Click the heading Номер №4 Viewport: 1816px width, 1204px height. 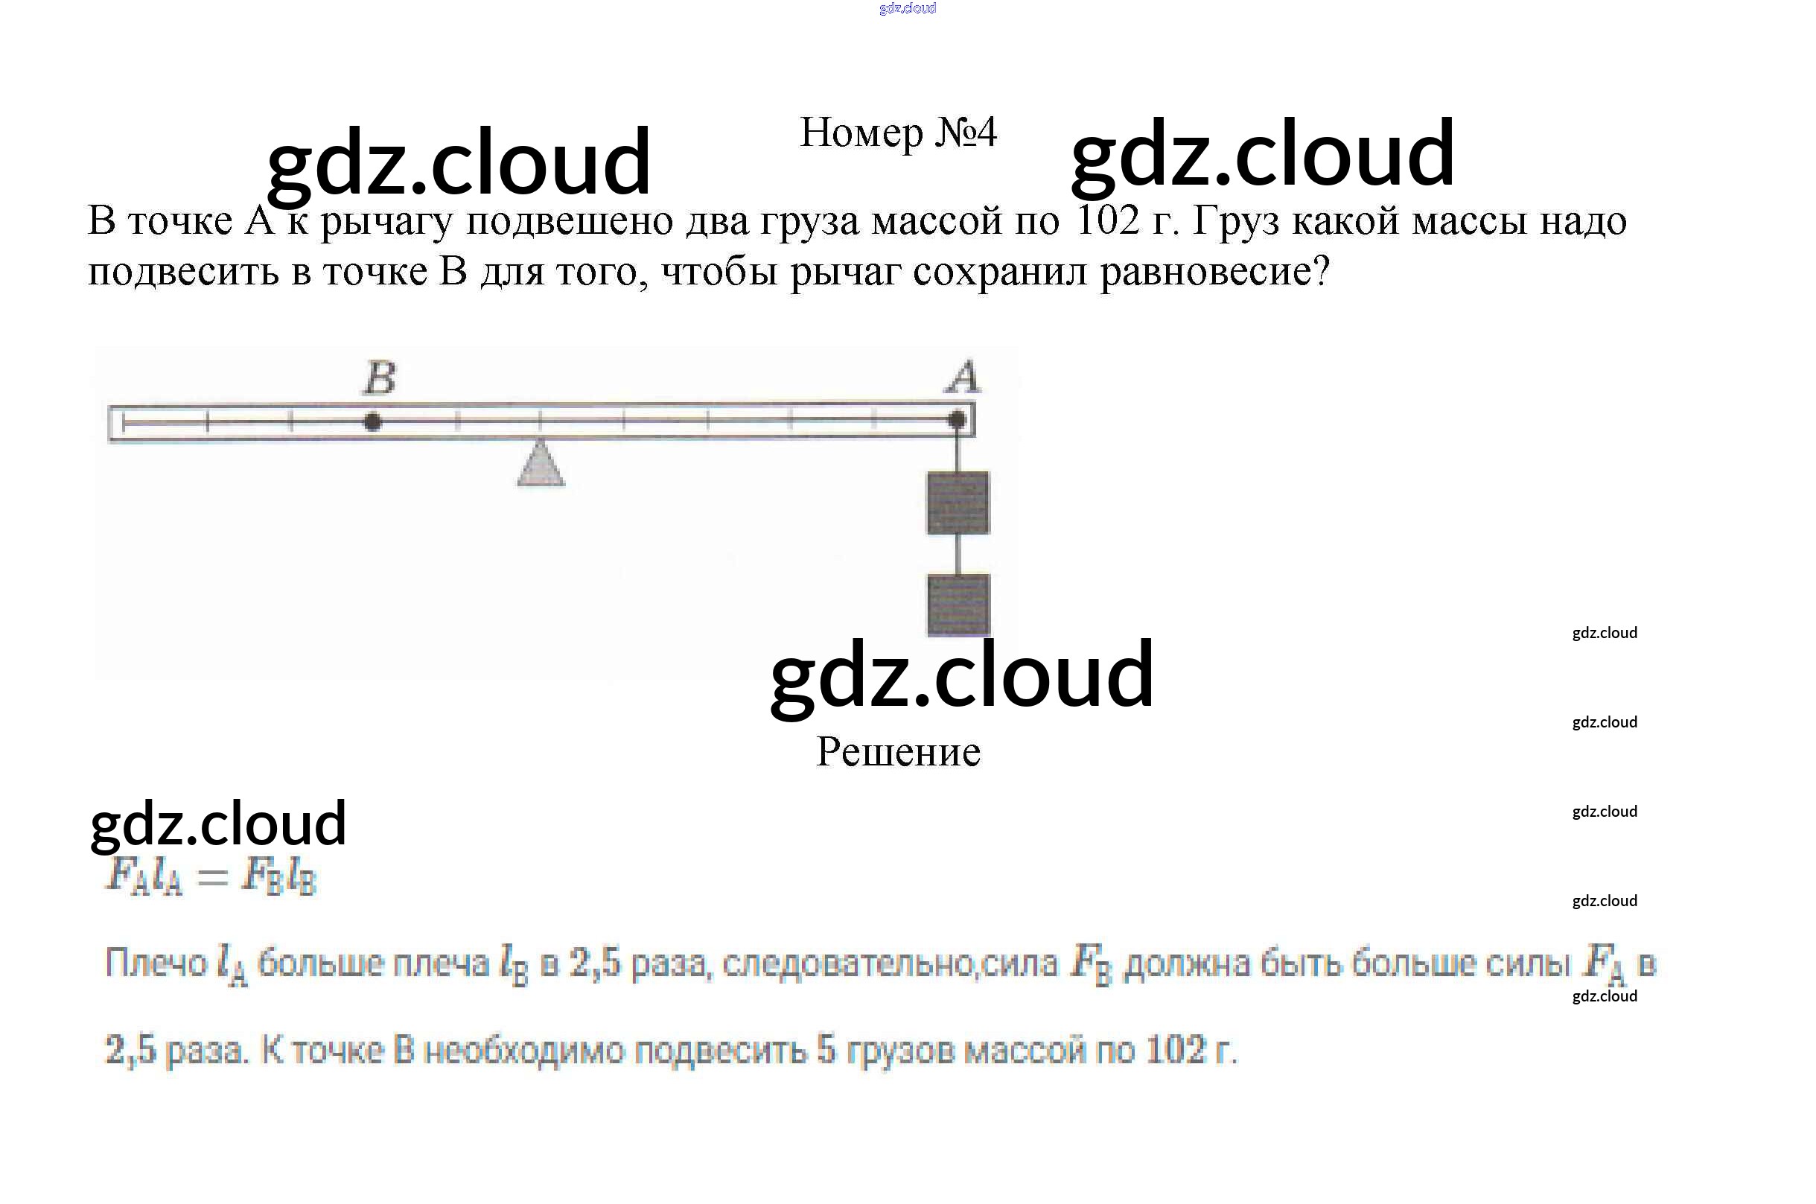pyautogui.click(x=898, y=133)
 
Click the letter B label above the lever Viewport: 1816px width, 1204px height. pyautogui.click(x=380, y=378)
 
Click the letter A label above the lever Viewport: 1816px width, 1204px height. pyautogui.click(x=963, y=377)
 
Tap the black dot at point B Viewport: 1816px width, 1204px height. pyautogui.click(x=372, y=421)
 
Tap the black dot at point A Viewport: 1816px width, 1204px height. pyautogui.click(x=957, y=420)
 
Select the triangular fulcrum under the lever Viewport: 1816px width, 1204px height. pyautogui.click(x=541, y=465)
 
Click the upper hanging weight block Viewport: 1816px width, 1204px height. pyautogui.click(x=958, y=503)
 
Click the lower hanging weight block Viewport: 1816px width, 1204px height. pyautogui.click(x=958, y=605)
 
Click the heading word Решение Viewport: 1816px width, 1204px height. pyautogui.click(x=898, y=752)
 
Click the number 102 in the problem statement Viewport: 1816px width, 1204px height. pyautogui.click(x=1107, y=220)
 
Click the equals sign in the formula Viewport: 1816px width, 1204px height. pyautogui.click(x=212, y=876)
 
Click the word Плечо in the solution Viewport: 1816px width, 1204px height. pyautogui.click(x=156, y=963)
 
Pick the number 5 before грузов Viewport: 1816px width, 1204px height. pyautogui.click(x=826, y=1050)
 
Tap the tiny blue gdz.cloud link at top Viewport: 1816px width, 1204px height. pyautogui.click(x=907, y=8)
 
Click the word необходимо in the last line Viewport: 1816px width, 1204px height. pyautogui.click(x=524, y=1050)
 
